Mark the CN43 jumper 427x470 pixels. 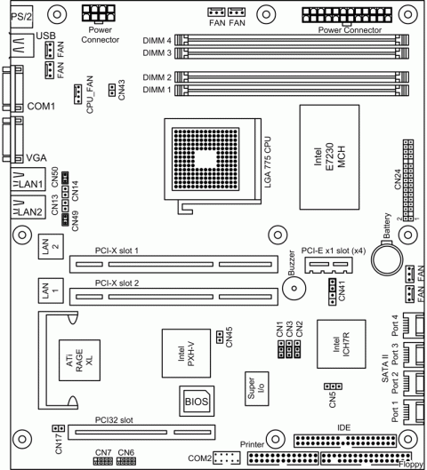(x=111, y=89)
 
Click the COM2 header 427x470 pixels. (x=228, y=458)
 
